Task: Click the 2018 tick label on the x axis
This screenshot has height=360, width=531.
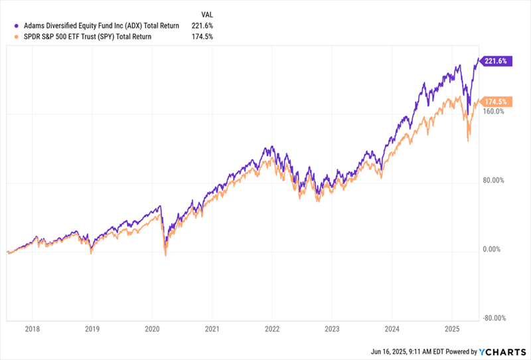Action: tap(33, 329)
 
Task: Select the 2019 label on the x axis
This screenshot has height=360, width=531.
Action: tap(92, 329)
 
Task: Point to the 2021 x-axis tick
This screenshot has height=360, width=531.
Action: tap(212, 329)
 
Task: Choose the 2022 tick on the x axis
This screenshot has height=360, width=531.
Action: tap(272, 329)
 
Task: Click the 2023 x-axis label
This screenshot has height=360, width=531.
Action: tap(332, 329)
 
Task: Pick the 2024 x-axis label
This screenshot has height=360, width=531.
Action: tap(392, 329)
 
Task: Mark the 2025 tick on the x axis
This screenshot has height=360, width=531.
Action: tap(452, 329)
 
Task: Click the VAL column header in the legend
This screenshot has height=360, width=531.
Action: tap(207, 13)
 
